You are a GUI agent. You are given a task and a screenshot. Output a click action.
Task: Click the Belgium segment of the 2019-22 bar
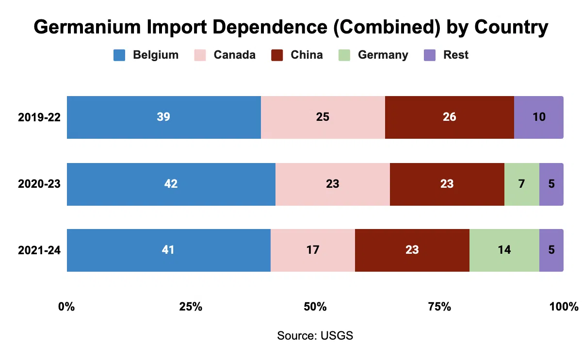pyautogui.click(x=163, y=117)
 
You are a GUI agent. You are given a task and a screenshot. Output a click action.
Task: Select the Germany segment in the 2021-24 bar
pyautogui.click(x=504, y=250)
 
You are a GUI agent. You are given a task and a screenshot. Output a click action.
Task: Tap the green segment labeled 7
pyautogui.click(x=521, y=184)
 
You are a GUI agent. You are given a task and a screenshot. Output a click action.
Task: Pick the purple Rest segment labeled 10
pyautogui.click(x=538, y=117)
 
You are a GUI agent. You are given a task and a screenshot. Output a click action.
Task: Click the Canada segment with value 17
pyautogui.click(x=312, y=250)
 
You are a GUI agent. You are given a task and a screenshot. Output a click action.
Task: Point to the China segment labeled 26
pyautogui.click(x=449, y=117)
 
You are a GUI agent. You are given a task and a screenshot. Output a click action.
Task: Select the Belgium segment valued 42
pyautogui.click(x=171, y=184)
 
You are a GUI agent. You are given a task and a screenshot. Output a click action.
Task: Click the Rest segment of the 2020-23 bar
pyautogui.click(x=551, y=184)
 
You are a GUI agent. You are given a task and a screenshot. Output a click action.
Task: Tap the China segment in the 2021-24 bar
pyautogui.click(x=412, y=250)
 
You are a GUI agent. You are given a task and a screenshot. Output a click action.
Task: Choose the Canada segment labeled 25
pyautogui.click(x=323, y=117)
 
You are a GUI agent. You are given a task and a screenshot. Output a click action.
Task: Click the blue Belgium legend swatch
pyautogui.click(x=119, y=55)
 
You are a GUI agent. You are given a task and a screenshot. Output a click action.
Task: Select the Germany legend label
pyautogui.click(x=383, y=55)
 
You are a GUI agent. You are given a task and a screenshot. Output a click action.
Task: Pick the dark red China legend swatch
pyautogui.click(x=277, y=55)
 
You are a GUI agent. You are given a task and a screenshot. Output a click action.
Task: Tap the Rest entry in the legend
pyautogui.click(x=455, y=55)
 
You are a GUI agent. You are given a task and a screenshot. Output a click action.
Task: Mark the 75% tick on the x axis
pyautogui.click(x=439, y=307)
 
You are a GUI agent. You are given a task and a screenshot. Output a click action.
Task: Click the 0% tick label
pyautogui.click(x=66, y=307)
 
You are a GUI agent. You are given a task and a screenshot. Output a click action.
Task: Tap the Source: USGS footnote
pyautogui.click(x=315, y=336)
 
